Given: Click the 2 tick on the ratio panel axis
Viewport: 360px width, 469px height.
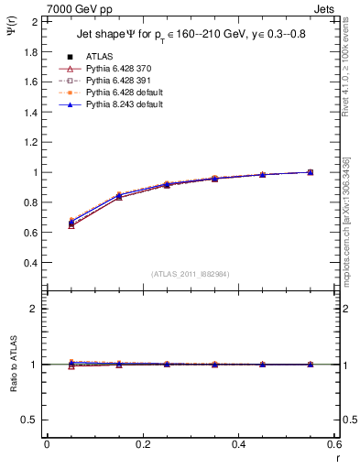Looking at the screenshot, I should [x=35, y=309].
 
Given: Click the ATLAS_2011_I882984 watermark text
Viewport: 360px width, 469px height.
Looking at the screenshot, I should [x=190, y=274].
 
